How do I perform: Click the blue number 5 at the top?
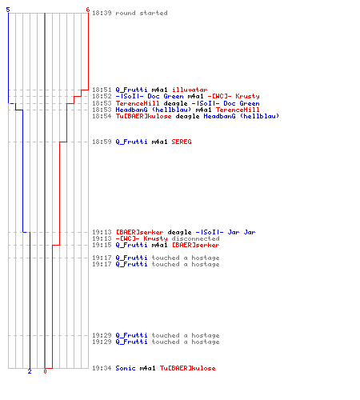point(8,10)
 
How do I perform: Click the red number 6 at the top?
point(88,10)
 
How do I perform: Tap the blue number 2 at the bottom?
point(30,371)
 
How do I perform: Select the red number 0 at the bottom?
point(45,371)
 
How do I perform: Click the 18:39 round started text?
point(130,13)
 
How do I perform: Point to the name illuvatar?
point(190,90)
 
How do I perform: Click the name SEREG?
point(182,142)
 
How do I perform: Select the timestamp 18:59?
point(102,142)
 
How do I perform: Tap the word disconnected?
point(195,238)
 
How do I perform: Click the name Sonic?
point(126,368)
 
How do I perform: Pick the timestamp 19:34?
point(102,368)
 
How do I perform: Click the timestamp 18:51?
point(102,90)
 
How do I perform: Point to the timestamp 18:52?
point(102,96)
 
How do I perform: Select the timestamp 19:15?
point(102,245)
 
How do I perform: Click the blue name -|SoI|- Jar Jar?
point(226,232)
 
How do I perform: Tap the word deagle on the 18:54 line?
point(187,116)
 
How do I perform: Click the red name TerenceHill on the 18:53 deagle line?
point(138,103)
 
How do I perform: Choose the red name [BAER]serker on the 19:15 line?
point(196,245)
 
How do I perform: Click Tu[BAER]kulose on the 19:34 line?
point(187,368)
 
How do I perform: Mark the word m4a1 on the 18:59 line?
point(159,142)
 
